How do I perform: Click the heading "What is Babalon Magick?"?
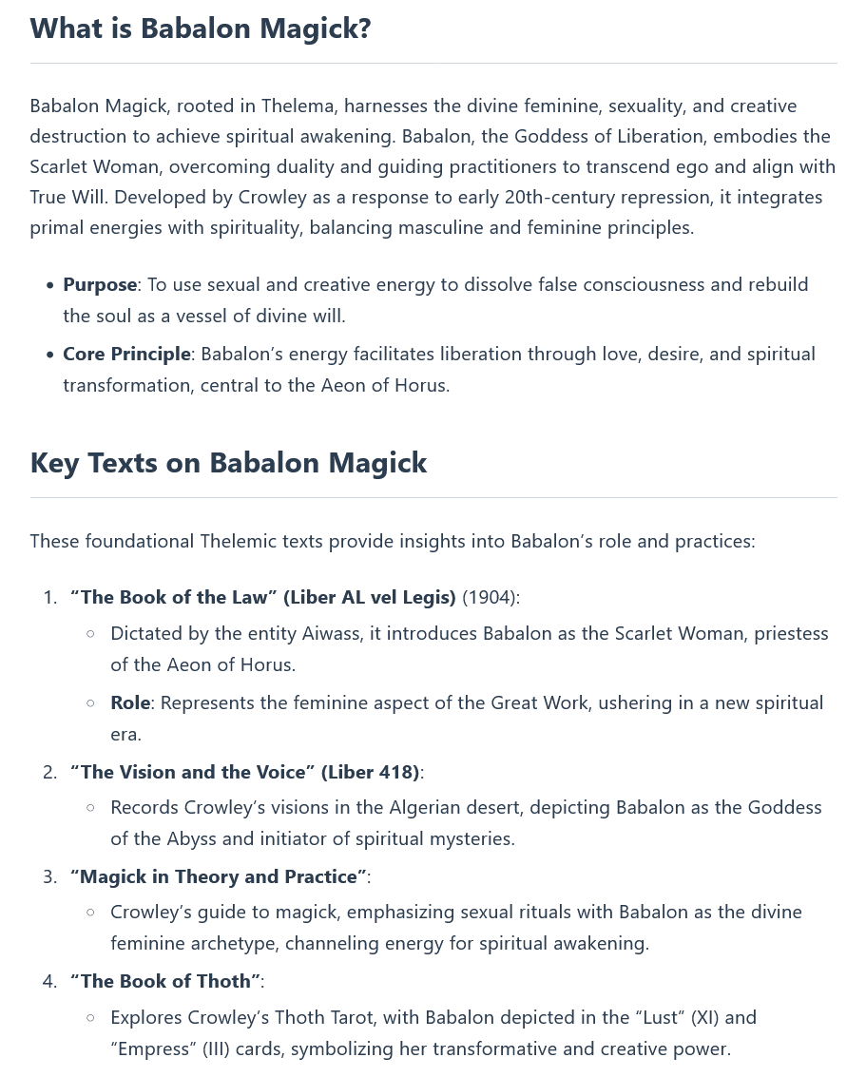pyautogui.click(x=201, y=29)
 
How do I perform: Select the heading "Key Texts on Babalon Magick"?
pyautogui.click(x=228, y=463)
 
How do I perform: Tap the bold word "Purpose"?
pyautogui.click(x=100, y=285)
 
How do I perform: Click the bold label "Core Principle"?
pyautogui.click(x=126, y=355)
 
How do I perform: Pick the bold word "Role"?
pyautogui.click(x=130, y=702)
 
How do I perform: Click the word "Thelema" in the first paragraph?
pyautogui.click(x=297, y=106)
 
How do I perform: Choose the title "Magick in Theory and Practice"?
pyautogui.click(x=218, y=876)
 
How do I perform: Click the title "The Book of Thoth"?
pyautogui.click(x=165, y=981)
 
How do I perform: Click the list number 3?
pyautogui.click(x=49, y=876)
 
